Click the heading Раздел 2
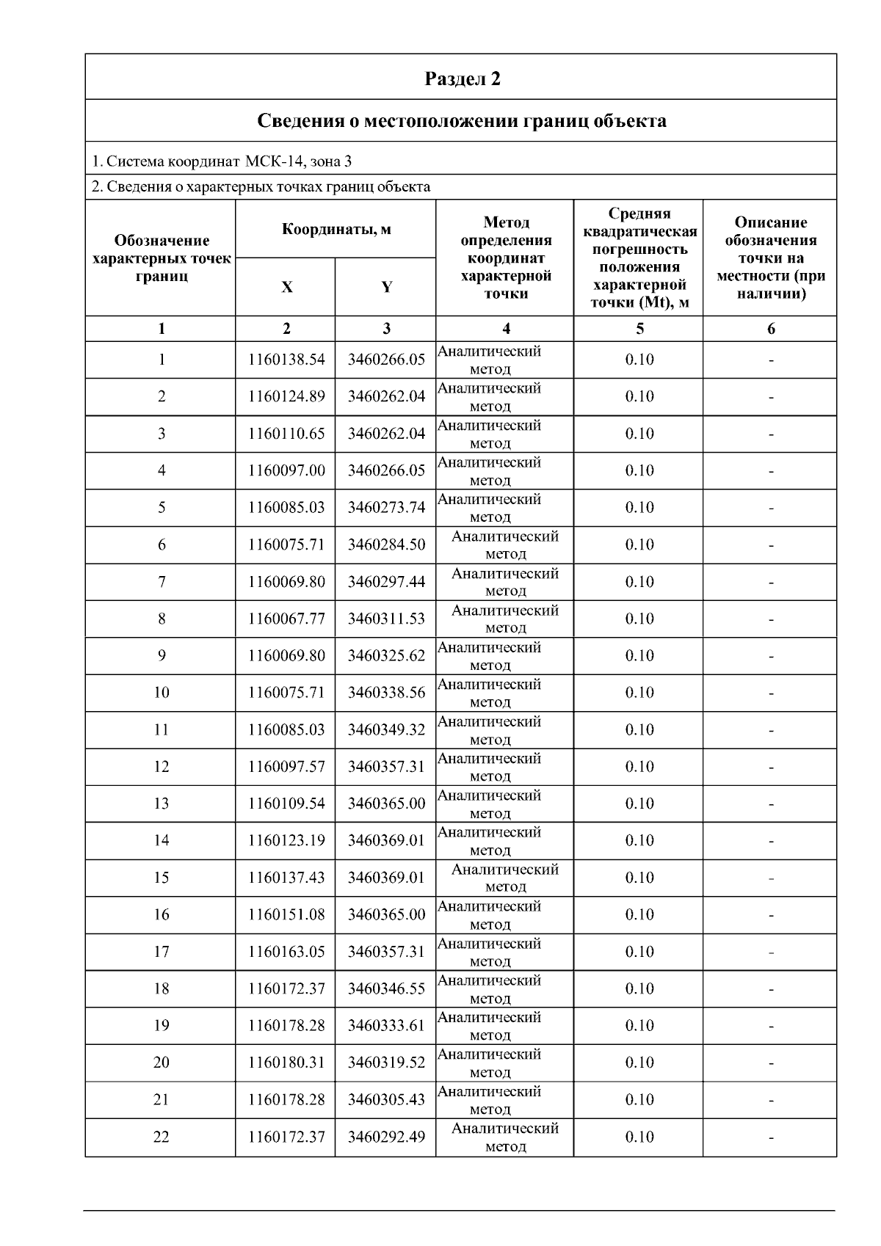coord(463,79)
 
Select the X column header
coord(286,287)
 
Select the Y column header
coord(386,287)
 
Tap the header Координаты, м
coord(336,229)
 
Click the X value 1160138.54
coord(286,360)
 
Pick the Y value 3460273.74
coord(386,508)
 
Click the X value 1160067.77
coord(286,619)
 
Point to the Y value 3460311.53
coord(386,619)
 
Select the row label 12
coord(161,767)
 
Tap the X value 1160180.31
coord(286,1063)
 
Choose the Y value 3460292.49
coord(386,1137)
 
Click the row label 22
coord(161,1137)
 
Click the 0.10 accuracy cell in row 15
coord(639,878)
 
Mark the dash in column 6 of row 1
coord(771,360)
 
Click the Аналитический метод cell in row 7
coord(505,582)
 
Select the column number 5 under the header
coord(639,329)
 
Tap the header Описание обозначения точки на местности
coord(771,258)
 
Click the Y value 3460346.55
coord(386,988)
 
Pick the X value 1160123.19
coord(286,841)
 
